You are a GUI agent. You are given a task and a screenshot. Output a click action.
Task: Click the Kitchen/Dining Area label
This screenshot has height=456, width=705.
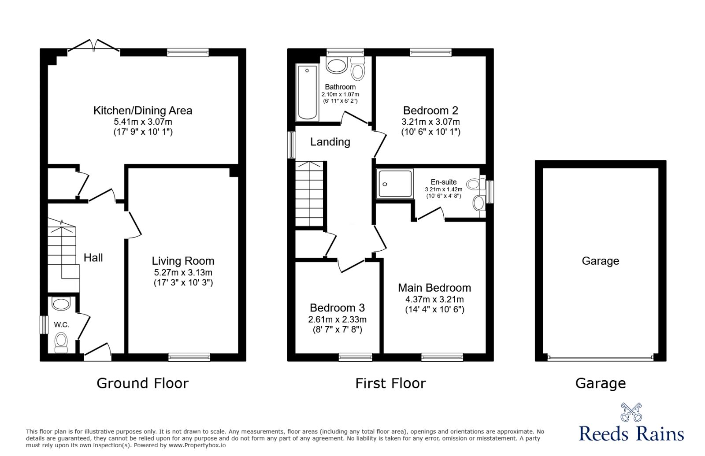pyautogui.click(x=143, y=110)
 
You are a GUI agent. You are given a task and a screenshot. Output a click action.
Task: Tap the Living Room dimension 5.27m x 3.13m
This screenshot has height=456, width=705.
pyautogui.click(x=183, y=272)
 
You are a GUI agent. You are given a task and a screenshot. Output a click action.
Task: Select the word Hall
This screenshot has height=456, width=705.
pyautogui.click(x=93, y=258)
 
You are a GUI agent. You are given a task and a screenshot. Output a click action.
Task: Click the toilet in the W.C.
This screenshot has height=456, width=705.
pyautogui.click(x=61, y=341)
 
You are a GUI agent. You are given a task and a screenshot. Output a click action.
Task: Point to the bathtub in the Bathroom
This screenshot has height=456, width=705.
pyautogui.click(x=308, y=93)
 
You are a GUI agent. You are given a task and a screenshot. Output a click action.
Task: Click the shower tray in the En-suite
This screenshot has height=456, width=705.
pyautogui.click(x=395, y=183)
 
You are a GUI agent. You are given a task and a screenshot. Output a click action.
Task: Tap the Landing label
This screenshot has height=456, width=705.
pyautogui.click(x=330, y=142)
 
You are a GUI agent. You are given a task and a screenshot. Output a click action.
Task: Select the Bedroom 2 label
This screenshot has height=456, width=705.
pyautogui.click(x=430, y=110)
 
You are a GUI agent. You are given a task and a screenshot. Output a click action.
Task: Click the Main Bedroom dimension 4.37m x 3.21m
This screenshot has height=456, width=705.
pyautogui.click(x=434, y=299)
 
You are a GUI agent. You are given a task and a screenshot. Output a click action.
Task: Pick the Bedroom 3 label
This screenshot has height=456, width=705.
pyautogui.click(x=337, y=308)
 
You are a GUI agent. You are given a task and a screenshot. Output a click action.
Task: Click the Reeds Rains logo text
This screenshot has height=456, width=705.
pyautogui.click(x=631, y=434)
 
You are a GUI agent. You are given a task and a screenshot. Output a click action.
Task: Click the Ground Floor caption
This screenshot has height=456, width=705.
pyautogui.click(x=142, y=383)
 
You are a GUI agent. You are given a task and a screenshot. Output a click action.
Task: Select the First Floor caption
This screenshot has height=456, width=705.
pyautogui.click(x=390, y=383)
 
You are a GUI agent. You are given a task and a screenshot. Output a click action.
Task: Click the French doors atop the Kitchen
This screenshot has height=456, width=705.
pyautogui.click(x=94, y=46)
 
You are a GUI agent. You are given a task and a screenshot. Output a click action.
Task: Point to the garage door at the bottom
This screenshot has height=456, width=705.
pyautogui.click(x=600, y=358)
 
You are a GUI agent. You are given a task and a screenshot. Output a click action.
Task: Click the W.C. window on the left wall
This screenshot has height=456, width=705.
pyautogui.click(x=43, y=325)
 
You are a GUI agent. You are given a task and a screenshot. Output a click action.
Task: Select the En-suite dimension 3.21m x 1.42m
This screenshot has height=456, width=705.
pyautogui.click(x=443, y=189)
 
